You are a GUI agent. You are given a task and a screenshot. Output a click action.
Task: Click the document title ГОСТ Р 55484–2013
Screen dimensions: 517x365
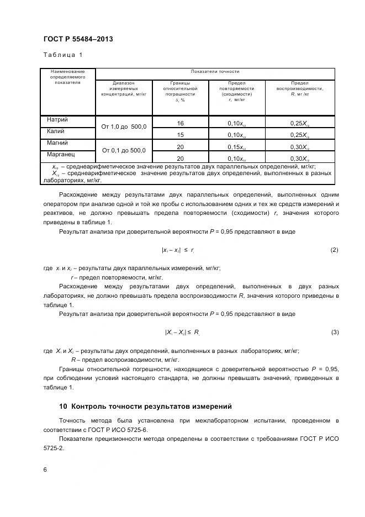tap(78, 39)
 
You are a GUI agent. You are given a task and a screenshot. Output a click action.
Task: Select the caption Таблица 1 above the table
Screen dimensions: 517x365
tap(62, 55)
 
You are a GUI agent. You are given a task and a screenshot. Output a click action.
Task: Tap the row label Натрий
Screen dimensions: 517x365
tap(57, 119)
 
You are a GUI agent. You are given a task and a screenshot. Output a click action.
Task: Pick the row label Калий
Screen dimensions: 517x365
tap(56, 131)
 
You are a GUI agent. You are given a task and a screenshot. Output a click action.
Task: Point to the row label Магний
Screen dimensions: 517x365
tap(57, 143)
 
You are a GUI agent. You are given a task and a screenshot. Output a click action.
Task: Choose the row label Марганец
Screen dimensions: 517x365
tap(61, 155)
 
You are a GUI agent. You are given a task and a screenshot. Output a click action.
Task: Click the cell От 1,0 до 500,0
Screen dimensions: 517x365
tap(123, 127)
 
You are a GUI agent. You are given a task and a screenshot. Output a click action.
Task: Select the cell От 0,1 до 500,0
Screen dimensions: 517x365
tap(123, 150)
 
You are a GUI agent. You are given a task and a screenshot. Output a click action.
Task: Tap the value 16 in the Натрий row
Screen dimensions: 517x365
tap(180, 123)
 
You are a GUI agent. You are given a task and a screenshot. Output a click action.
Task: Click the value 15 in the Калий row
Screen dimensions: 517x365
tap(180, 135)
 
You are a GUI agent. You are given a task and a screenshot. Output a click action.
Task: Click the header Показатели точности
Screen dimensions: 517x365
tap(215, 72)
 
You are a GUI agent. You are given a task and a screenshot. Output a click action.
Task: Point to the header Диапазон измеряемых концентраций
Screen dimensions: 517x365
tap(123, 89)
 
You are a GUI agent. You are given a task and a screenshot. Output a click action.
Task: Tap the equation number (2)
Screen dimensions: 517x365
tap(334, 250)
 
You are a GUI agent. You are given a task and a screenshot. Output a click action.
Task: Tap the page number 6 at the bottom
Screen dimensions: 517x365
tap(45, 469)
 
